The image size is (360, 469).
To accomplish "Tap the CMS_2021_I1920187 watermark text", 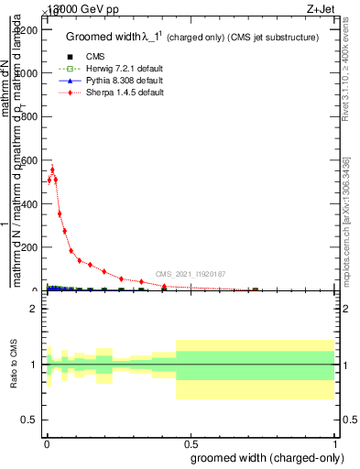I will pyautogui.click(x=190, y=274).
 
